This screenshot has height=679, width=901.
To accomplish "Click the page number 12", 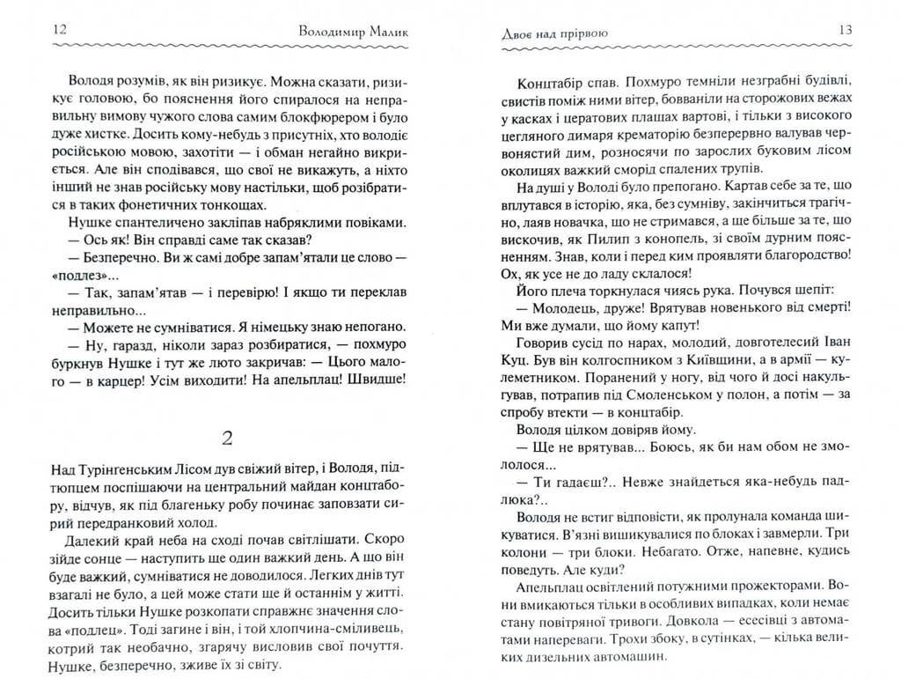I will (60, 29).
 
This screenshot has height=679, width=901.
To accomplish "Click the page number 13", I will (846, 29).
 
